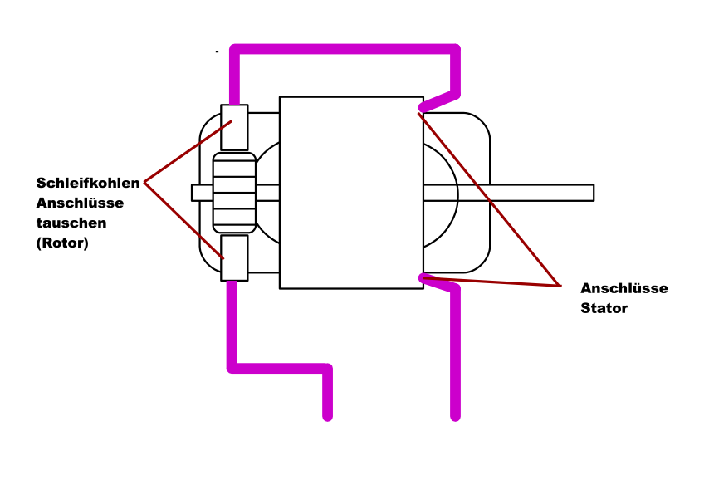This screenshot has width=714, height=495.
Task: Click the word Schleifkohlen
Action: (x=88, y=183)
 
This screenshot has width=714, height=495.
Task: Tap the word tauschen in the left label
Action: (x=71, y=223)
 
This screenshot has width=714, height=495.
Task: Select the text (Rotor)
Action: (x=62, y=243)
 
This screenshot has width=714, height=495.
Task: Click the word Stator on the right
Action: (x=604, y=308)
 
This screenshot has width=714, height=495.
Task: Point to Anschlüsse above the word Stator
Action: (x=624, y=288)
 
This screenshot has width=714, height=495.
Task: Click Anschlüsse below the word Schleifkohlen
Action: (x=80, y=203)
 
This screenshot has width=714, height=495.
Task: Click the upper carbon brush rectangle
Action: (x=234, y=127)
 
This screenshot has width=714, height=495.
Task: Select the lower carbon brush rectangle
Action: (x=234, y=257)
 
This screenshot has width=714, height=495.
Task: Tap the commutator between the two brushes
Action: (x=234, y=193)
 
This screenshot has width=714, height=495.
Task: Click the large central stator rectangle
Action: (x=351, y=193)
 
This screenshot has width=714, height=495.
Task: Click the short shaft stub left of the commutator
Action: (x=202, y=193)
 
